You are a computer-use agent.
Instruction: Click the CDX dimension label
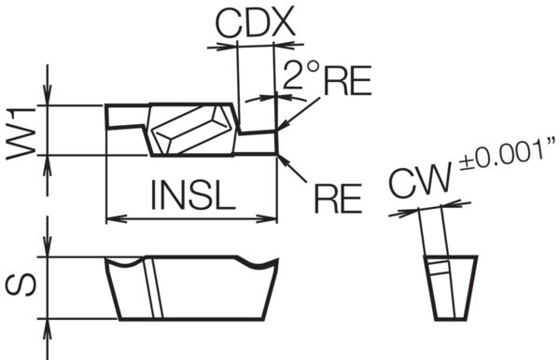[x=256, y=22]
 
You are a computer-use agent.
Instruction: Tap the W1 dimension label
[x=21, y=133]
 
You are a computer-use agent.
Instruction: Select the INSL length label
[x=193, y=195]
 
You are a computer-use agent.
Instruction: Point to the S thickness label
[x=21, y=285]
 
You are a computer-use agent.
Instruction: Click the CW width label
[x=420, y=181]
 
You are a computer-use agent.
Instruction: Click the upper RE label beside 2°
[x=347, y=80]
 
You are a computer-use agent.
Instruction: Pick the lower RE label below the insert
[x=338, y=198]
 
